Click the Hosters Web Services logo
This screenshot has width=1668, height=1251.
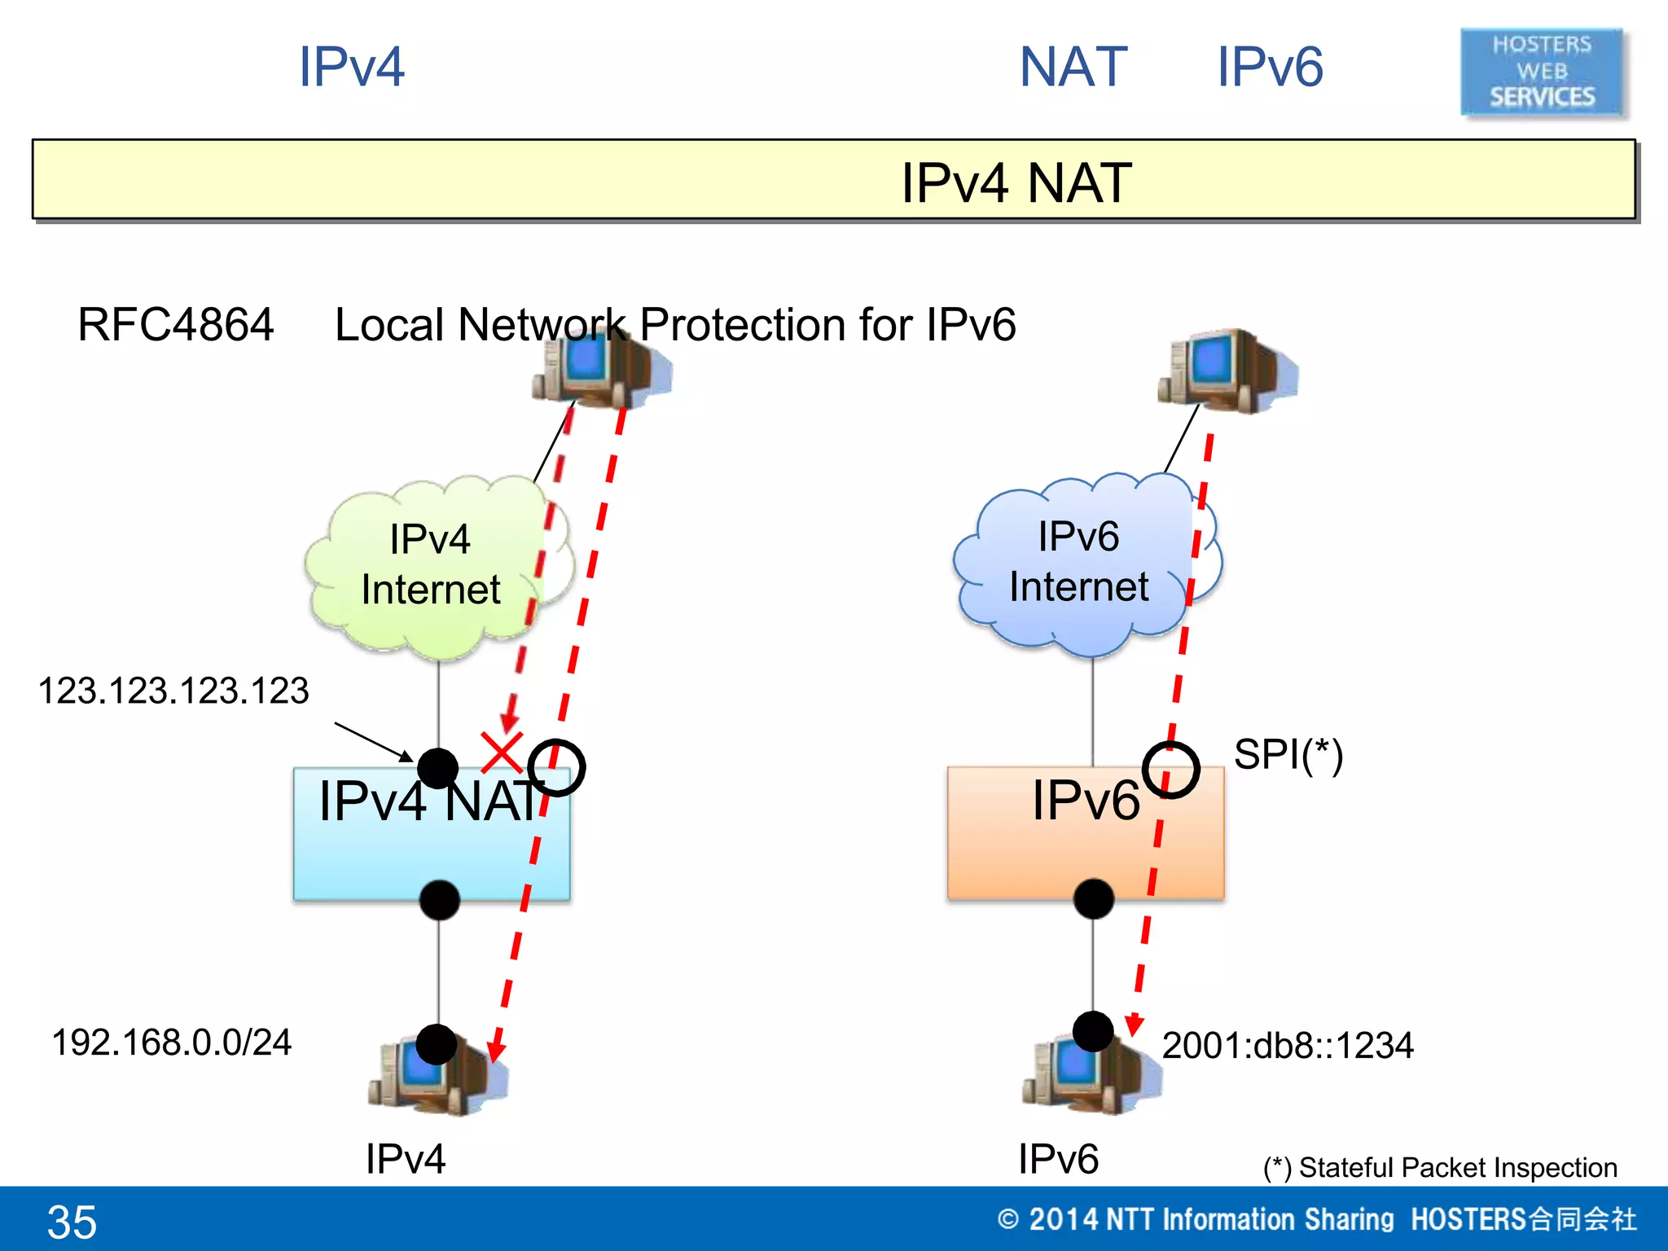coord(1542,72)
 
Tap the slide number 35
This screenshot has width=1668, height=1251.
coord(72,1222)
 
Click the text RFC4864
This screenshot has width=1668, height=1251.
coord(175,325)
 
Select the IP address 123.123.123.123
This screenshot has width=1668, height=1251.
coord(173,691)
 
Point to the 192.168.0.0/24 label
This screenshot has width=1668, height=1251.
coord(171,1042)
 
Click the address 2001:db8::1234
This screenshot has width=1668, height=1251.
coord(1287,1046)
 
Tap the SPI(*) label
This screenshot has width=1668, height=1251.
coord(1288,754)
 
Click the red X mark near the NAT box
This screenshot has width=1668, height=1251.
coord(502,752)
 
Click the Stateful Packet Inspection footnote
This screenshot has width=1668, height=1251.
coord(1439,1167)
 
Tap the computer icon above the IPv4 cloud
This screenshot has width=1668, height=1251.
coord(601,367)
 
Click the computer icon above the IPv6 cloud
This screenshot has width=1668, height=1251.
coord(1227,371)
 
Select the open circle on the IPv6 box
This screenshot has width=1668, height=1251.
coord(1170,770)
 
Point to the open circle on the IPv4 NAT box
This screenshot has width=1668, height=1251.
coord(556,767)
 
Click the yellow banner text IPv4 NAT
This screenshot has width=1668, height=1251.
coord(1016,182)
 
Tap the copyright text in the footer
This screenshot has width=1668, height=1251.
coord(1316,1219)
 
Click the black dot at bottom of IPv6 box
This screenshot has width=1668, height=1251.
coord(1093,899)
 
